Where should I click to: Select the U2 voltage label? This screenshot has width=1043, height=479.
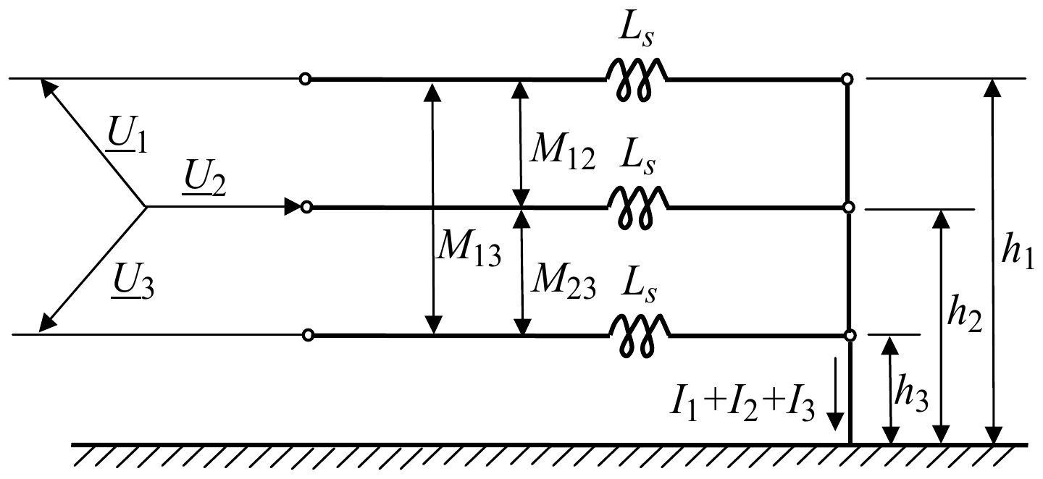pyautogui.click(x=204, y=178)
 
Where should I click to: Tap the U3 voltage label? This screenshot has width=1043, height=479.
pyautogui.click(x=133, y=281)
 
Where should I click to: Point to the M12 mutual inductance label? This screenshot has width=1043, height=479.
pyautogui.click(x=563, y=151)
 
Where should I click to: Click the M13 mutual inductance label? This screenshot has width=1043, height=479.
pyautogui.click(x=469, y=248)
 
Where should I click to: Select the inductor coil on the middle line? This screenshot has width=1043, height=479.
pyautogui.click(x=638, y=208)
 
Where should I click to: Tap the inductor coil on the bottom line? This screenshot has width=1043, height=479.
pyautogui.click(x=640, y=336)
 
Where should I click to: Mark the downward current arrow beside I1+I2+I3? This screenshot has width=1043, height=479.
pyautogui.click(x=835, y=394)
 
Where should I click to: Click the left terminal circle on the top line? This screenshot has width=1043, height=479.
pyautogui.click(x=305, y=79)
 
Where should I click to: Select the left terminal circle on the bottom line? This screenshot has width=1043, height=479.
pyautogui.click(x=308, y=335)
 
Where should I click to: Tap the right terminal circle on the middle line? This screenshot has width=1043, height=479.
pyautogui.click(x=849, y=208)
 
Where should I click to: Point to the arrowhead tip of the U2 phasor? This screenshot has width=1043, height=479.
pyautogui.click(x=302, y=206)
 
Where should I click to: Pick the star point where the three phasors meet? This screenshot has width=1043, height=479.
pyautogui.click(x=146, y=206)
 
